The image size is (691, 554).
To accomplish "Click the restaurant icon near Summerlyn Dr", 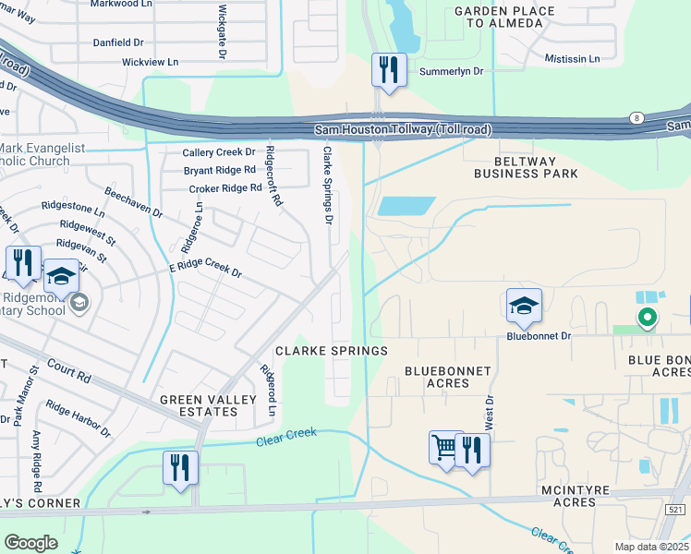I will click(389, 70).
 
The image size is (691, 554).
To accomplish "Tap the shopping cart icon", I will click(445, 448).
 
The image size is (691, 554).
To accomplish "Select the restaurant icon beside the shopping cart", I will click(472, 450).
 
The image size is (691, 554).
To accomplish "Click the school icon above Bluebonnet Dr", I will click(524, 305).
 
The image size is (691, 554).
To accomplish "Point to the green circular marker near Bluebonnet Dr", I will click(648, 319).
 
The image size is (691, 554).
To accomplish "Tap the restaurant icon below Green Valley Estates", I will click(179, 466).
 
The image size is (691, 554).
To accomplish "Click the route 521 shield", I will click(677, 510).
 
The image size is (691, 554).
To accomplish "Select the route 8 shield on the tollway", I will click(636, 117).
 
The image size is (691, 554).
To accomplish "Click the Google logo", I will click(30, 542).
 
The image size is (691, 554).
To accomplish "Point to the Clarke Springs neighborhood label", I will click(331, 351).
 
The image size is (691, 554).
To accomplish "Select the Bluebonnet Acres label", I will click(448, 377).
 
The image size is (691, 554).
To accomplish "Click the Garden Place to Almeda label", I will click(504, 17).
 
